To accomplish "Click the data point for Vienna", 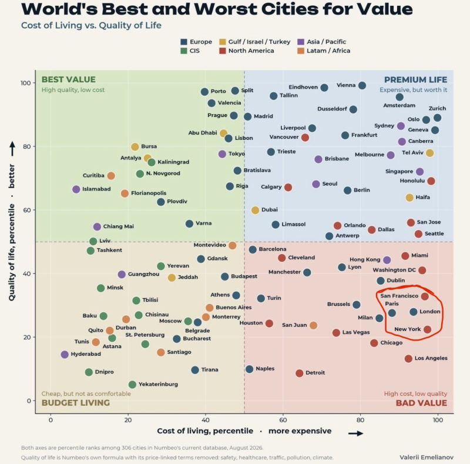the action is point(362,85).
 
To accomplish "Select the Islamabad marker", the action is point(76,189).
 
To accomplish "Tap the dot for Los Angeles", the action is point(408,359).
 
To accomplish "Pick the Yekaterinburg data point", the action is point(132,385).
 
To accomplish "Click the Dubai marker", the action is point(255,210).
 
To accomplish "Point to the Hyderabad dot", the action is point(65,355).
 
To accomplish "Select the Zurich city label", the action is point(437,108).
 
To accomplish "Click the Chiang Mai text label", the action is point(119,226).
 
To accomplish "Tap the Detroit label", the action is point(315,373).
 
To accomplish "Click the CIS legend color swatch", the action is point(184,51).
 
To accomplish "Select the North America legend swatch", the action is point(222,51).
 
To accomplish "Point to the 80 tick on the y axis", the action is point(26,146).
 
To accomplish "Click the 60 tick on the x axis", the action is point(283,420).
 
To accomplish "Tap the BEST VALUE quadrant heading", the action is point(68,79).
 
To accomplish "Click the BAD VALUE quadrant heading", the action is point(421,403).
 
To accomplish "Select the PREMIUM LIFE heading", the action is point(415,80).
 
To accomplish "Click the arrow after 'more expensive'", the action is point(356,433).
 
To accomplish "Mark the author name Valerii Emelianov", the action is point(427,457).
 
